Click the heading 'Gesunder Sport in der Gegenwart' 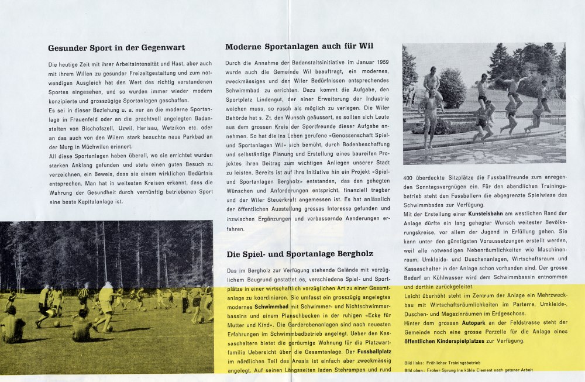point(116,48)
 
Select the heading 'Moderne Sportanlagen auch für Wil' point(299,46)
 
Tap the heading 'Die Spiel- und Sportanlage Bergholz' point(300,254)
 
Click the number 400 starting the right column point(411,177)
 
